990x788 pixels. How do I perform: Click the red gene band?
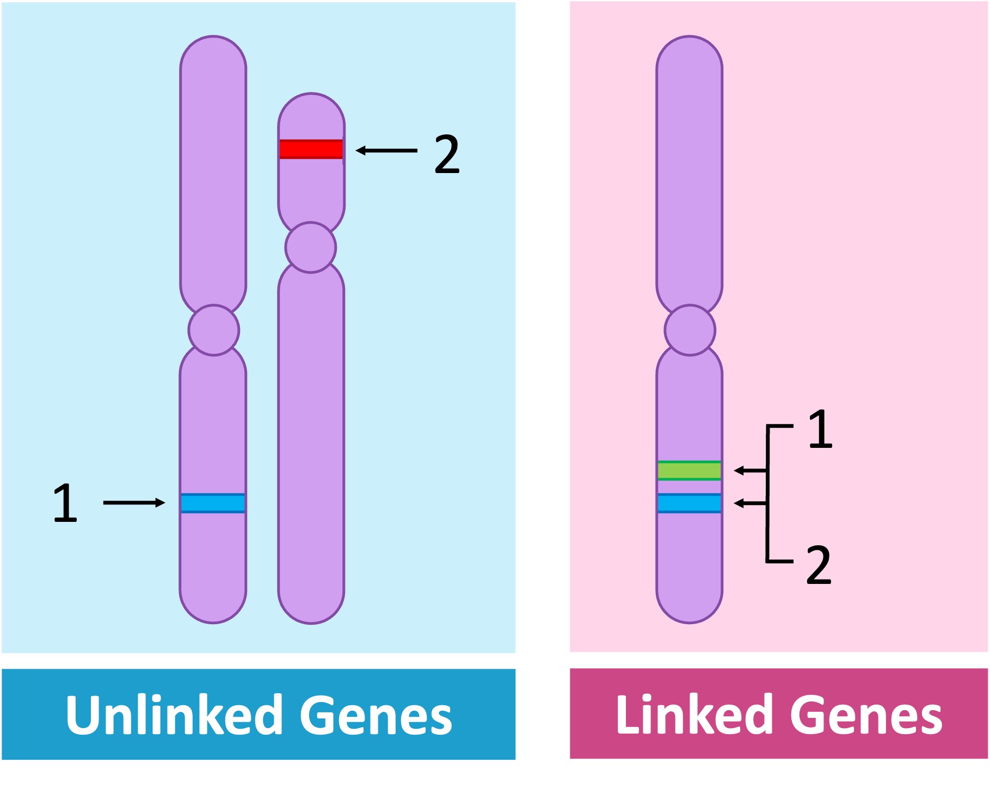click(x=311, y=149)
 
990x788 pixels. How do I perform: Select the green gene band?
click(x=689, y=470)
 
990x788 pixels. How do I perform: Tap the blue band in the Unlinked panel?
click(x=213, y=503)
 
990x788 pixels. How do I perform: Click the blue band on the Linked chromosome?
click(x=689, y=503)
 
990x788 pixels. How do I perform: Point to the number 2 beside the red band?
click(x=447, y=155)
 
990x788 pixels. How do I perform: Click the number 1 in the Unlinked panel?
click(x=65, y=503)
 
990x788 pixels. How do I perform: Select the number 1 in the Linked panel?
click(x=820, y=429)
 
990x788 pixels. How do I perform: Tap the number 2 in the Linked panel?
click(x=819, y=565)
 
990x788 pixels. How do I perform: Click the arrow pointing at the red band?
click(x=386, y=150)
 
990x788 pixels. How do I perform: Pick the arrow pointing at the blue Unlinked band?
click(x=134, y=502)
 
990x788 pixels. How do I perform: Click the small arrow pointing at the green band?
click(x=750, y=470)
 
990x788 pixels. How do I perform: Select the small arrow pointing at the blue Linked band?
click(x=750, y=503)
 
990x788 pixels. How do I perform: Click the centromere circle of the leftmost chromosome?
click(x=213, y=330)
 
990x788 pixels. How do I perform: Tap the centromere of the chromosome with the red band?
click(x=311, y=247)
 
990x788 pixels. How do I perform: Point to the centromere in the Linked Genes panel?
click(x=690, y=330)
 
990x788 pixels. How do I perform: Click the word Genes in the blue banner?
click(x=376, y=715)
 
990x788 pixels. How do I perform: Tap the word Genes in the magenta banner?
click(x=866, y=715)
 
